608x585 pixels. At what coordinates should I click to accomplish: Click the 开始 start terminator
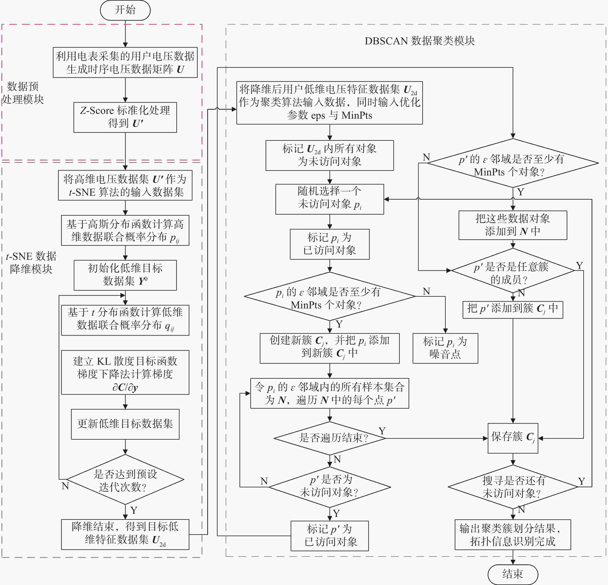[125, 10]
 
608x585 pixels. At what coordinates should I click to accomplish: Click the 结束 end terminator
[513, 574]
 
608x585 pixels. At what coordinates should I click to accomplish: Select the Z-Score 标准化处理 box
[125, 117]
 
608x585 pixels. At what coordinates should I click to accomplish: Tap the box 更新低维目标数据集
[125, 424]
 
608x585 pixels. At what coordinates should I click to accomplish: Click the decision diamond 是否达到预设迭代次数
[125, 480]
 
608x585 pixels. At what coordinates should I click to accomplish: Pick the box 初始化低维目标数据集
[125, 275]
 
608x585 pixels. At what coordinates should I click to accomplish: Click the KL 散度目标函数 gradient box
[125, 372]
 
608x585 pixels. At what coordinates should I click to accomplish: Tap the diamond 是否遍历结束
[330, 438]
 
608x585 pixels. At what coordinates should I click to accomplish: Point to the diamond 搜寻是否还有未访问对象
[513, 487]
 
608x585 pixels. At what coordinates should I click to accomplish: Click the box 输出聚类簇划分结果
[513, 535]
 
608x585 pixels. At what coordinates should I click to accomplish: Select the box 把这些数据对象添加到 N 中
[513, 225]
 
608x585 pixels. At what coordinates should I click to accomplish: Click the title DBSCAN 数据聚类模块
[420, 41]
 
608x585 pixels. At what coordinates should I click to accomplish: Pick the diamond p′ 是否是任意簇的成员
[513, 270]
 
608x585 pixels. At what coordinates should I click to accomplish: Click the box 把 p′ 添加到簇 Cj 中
[513, 310]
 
